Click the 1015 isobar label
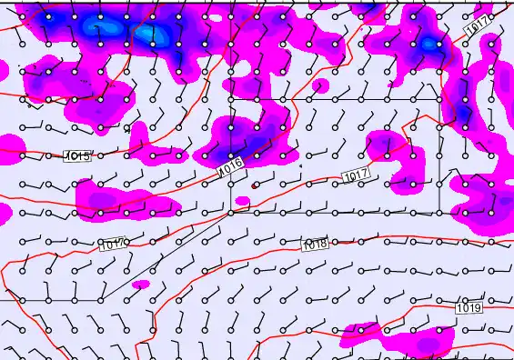point(78,156)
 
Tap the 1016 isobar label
point(230,165)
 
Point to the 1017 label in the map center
point(355,175)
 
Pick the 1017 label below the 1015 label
point(112,245)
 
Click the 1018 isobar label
point(315,245)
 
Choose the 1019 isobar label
point(469,308)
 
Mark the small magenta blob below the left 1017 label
point(140,285)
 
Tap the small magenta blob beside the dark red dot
point(242,200)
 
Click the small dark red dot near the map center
point(254,185)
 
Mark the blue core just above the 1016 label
point(235,146)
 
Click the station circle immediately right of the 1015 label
point(100,155)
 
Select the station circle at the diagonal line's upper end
point(231,212)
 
